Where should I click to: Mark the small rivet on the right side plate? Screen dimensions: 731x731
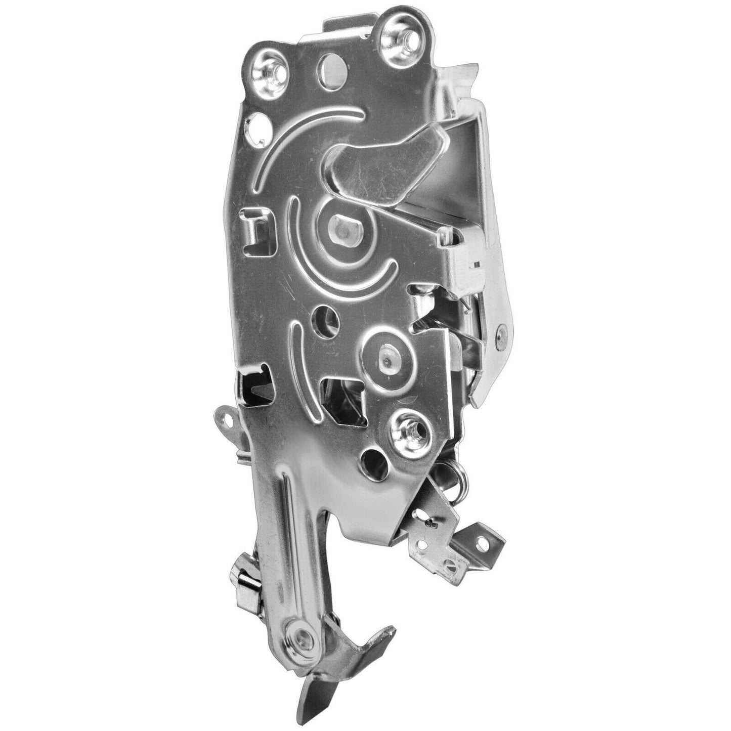[500, 329]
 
